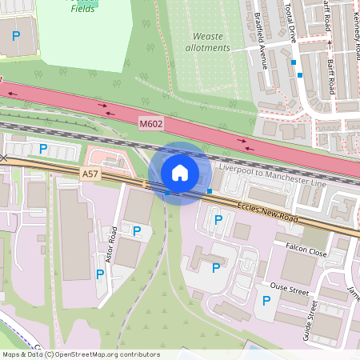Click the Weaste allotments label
click(211, 42)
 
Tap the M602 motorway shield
click(150, 124)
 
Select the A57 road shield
click(90, 173)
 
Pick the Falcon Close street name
click(302, 250)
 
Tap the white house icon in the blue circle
click(180, 173)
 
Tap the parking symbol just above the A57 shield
click(43, 149)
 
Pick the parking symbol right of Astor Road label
click(137, 231)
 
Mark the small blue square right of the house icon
click(210, 190)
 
